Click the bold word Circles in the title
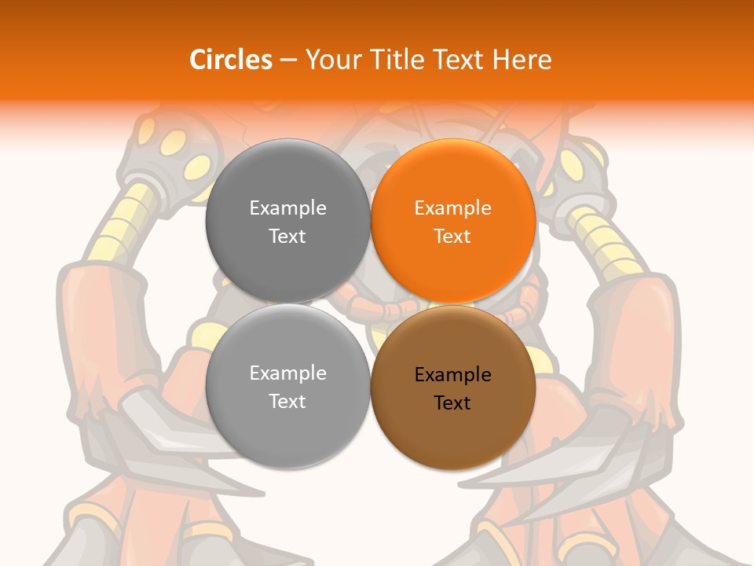point(230,60)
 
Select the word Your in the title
point(330,60)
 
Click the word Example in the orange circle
point(453,208)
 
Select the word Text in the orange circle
point(453,237)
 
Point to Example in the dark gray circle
point(287,208)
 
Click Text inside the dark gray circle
point(287,237)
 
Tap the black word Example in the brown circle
point(453,375)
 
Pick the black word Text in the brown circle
point(453,403)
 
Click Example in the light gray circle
point(287,373)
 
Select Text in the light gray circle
point(287,402)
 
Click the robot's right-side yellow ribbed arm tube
point(609,240)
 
